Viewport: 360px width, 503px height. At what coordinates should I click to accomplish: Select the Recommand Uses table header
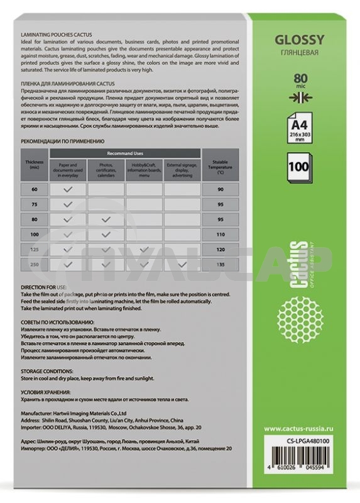125,153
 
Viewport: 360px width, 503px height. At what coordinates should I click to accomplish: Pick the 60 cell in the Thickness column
34,189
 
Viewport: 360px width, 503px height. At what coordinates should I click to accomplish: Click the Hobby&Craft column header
144,169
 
